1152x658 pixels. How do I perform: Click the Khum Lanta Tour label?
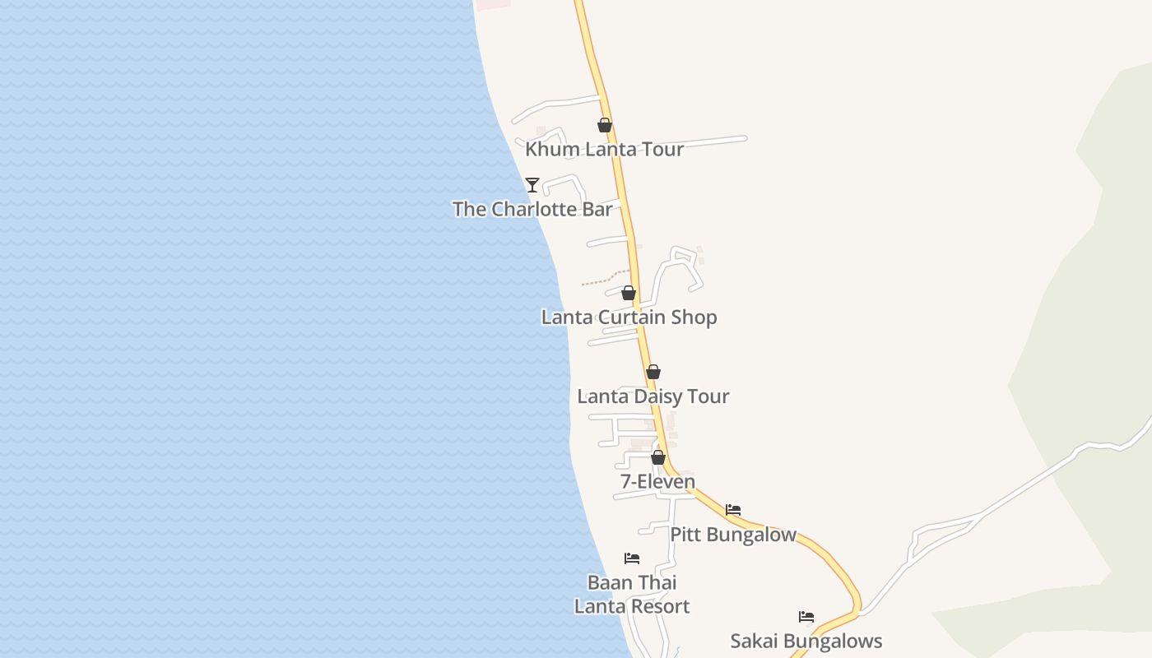pyautogui.click(x=604, y=150)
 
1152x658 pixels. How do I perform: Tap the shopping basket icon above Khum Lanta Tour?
pyautogui.click(x=605, y=125)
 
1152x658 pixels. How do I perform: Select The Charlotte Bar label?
pyautogui.click(x=532, y=210)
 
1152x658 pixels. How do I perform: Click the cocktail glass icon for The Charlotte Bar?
pyautogui.click(x=532, y=185)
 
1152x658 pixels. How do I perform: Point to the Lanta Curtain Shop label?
pyautogui.click(x=629, y=317)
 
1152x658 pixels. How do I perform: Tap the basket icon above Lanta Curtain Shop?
pyautogui.click(x=629, y=293)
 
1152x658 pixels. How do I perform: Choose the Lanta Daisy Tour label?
pyautogui.click(x=653, y=396)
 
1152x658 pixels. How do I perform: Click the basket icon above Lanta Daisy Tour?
pyautogui.click(x=653, y=372)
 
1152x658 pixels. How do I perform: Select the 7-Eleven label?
pyautogui.click(x=657, y=482)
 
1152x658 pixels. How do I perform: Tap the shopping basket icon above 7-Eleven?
pyautogui.click(x=658, y=457)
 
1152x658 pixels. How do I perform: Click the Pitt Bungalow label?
pyautogui.click(x=732, y=535)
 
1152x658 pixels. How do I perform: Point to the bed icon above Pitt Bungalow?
pyautogui.click(x=733, y=510)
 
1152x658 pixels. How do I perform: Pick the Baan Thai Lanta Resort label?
pyautogui.click(x=632, y=595)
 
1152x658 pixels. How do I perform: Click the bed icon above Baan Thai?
pyautogui.click(x=632, y=558)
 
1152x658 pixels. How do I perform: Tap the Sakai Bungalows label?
pyautogui.click(x=806, y=642)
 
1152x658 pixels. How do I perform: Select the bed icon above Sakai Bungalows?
pyautogui.click(x=806, y=617)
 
